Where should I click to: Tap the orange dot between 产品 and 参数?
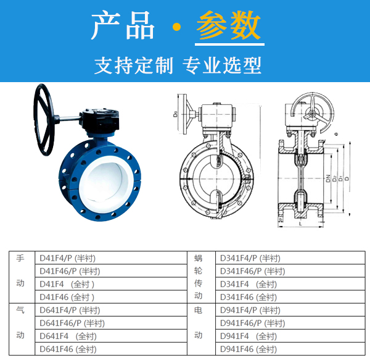pyautogui.click(x=177, y=28)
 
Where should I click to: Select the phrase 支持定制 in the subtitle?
pyautogui.click(x=134, y=65)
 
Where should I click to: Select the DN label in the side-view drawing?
pyautogui.click(x=328, y=178)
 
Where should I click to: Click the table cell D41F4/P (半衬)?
pyautogui.click(x=67, y=258)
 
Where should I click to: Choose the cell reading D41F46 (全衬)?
pyautogui.click(x=67, y=297)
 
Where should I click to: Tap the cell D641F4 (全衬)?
pyautogui.click(x=67, y=336)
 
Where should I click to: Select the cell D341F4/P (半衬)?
pyautogui.click(x=250, y=258)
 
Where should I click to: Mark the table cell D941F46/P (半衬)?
pyautogui.click(x=252, y=323)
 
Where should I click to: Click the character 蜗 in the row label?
pyautogui.click(x=198, y=258)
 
